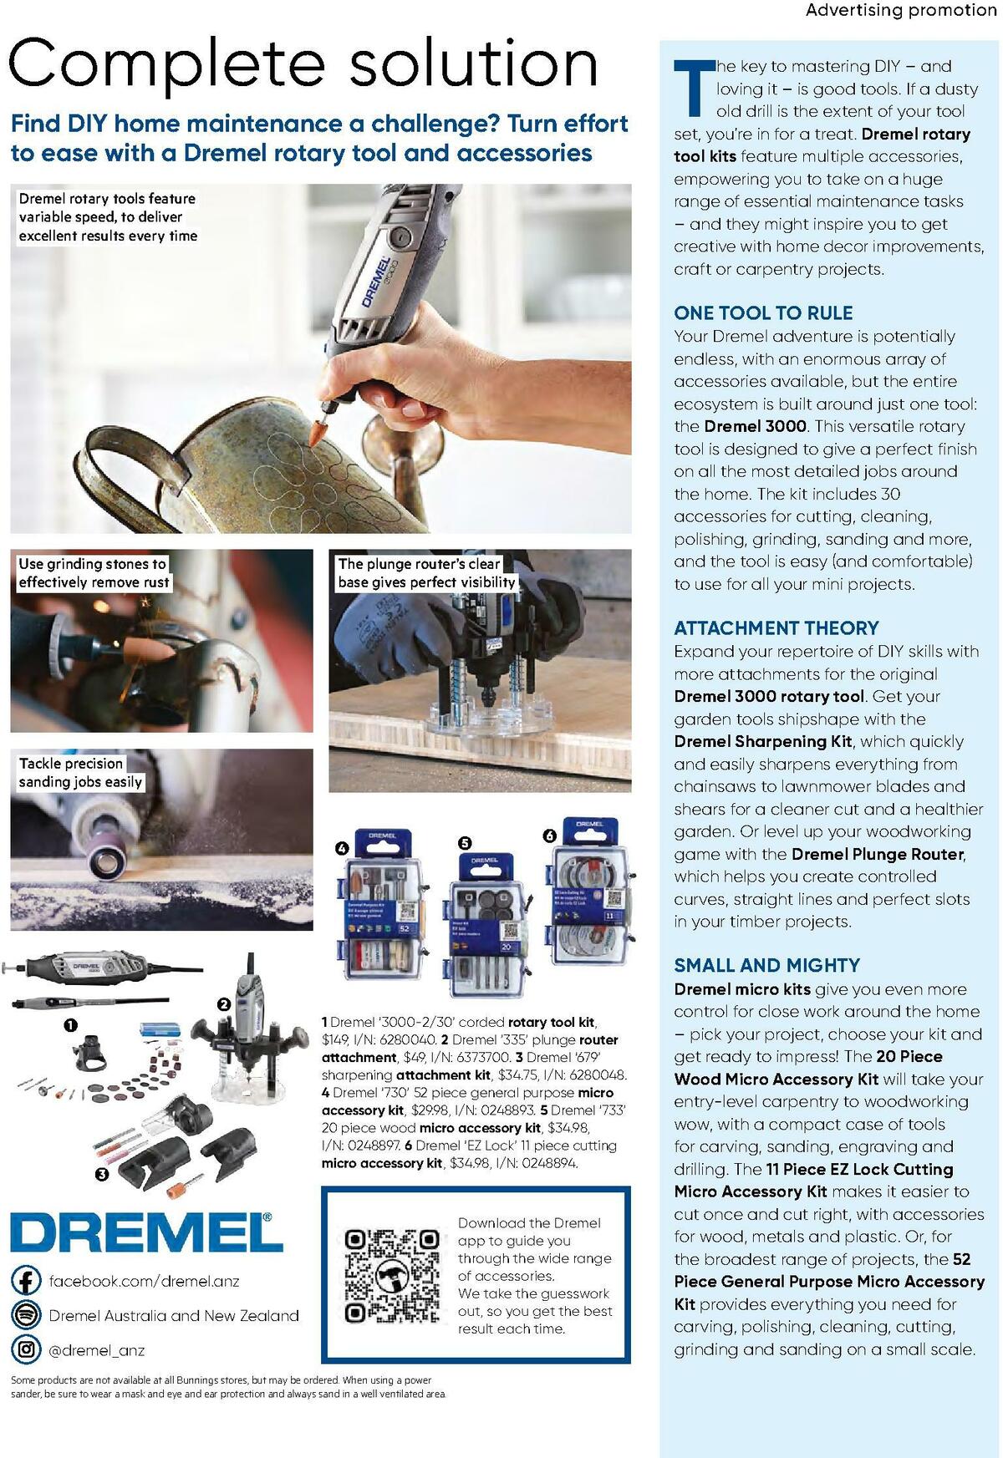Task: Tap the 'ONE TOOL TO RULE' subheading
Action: [x=763, y=313]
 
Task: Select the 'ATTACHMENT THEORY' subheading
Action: [x=776, y=628]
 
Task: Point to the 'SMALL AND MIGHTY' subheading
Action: [x=766, y=965]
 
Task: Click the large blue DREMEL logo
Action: [x=146, y=1232]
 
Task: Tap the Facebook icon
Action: [x=26, y=1281]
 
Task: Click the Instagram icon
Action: [x=26, y=1349]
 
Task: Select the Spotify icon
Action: [x=26, y=1315]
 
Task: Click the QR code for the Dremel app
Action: [x=393, y=1276]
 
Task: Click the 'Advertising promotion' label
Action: [x=901, y=10]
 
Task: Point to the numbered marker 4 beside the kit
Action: [x=341, y=848]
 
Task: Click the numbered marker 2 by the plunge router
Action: [x=223, y=1004]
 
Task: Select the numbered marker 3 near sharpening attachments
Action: [x=101, y=1174]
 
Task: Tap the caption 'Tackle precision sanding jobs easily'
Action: [x=80, y=773]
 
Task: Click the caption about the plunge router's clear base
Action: [x=426, y=573]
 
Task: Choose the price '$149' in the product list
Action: [x=334, y=1040]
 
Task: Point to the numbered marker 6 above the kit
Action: [x=549, y=836]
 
